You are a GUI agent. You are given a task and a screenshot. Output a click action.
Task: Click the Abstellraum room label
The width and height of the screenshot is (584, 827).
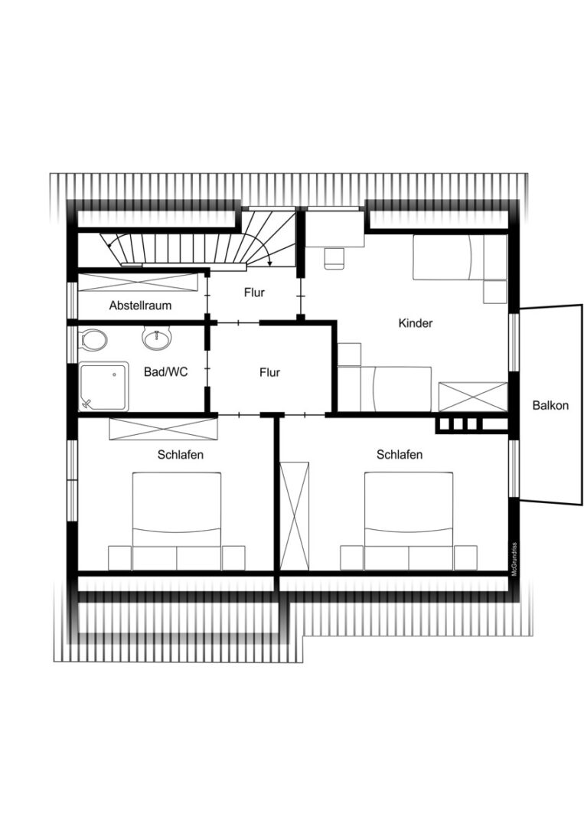(x=140, y=306)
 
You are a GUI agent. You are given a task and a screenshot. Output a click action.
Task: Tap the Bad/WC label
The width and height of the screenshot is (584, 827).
(x=165, y=372)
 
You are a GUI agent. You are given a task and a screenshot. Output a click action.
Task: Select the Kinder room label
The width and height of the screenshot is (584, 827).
(x=416, y=323)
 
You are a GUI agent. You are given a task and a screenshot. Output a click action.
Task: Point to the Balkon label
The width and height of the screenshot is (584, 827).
(x=550, y=405)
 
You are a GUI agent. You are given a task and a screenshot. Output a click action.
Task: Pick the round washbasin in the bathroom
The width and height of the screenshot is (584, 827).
(x=157, y=338)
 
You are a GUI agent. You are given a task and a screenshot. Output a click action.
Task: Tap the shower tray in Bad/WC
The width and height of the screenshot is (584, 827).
(x=103, y=386)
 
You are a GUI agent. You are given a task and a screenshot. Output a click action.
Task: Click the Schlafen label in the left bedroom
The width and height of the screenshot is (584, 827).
(x=181, y=454)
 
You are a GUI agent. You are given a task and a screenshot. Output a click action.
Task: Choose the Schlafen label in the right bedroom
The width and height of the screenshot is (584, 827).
(x=400, y=454)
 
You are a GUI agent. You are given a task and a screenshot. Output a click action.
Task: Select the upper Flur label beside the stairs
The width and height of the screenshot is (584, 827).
(x=254, y=293)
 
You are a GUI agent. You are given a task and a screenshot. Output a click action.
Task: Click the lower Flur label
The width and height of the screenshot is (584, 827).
(x=269, y=372)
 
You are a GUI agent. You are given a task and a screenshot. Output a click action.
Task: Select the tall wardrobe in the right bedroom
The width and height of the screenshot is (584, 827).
(x=294, y=516)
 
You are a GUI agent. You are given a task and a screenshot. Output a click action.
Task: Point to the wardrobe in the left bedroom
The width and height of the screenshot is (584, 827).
(x=163, y=428)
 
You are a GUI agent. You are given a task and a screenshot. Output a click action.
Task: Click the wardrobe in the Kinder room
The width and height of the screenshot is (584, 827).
(x=473, y=397)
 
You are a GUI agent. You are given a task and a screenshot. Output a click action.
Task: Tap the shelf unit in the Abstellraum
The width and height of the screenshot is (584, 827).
(x=138, y=282)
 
